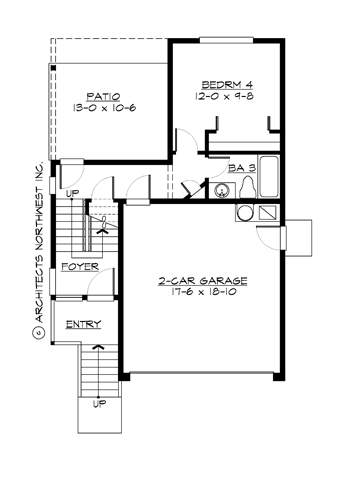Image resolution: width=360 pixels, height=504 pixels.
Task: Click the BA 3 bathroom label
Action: tap(242, 169)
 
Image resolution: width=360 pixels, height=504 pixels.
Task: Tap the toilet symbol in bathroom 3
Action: tap(221, 190)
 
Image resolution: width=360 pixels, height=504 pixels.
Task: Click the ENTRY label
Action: tap(82, 325)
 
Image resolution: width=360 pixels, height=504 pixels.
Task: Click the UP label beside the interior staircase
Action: tap(71, 192)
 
